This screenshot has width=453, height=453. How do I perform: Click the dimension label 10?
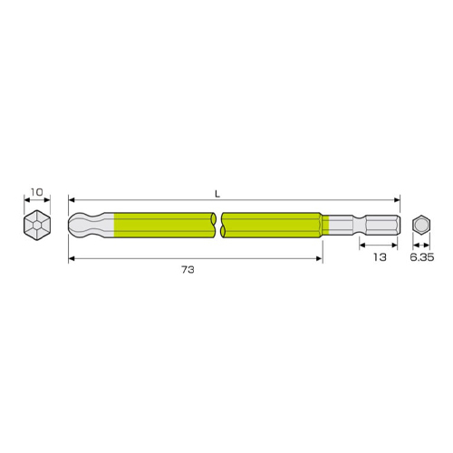pyautogui.click(x=37, y=192)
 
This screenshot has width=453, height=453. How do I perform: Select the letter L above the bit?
pyautogui.click(x=217, y=194)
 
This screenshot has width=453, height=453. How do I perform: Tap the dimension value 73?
pyautogui.click(x=188, y=269)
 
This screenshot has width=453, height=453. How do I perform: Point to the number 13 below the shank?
pyautogui.click(x=380, y=257)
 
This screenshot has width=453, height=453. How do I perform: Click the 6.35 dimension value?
pyautogui.click(x=422, y=257)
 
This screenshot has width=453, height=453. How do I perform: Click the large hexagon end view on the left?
pyautogui.click(x=37, y=226)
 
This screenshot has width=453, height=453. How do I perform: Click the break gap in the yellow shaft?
pyautogui.click(x=218, y=225)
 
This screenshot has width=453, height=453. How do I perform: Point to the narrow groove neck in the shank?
pyautogui.click(x=360, y=225)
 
